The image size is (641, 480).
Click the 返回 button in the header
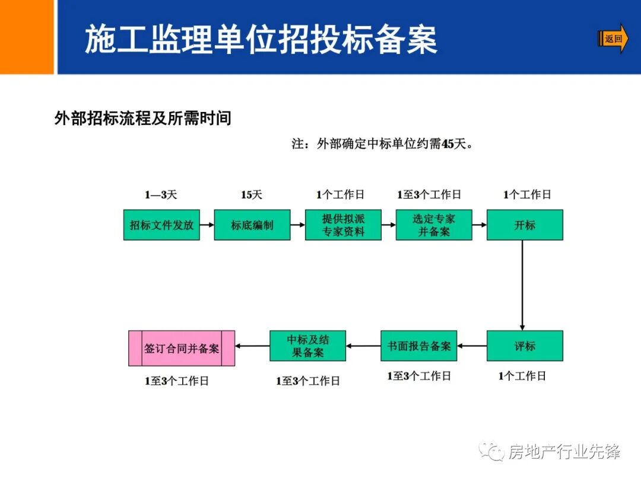(613, 39)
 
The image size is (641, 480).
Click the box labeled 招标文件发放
(161, 225)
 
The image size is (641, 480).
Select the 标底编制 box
(252, 225)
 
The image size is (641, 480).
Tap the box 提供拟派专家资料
(343, 225)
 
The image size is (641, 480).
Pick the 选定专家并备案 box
(434, 225)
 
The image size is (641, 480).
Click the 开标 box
(525, 225)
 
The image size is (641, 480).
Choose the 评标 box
(525, 346)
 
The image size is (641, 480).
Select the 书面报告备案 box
(419, 346)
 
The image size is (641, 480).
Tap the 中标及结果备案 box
(308, 346)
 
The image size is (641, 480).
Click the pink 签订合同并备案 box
(182, 348)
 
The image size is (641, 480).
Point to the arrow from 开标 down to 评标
(522, 284)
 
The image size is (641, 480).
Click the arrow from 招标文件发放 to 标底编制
(207, 225)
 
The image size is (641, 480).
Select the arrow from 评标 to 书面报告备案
(472, 346)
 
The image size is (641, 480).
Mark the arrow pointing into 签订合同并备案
(252, 346)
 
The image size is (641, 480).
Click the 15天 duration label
(251, 194)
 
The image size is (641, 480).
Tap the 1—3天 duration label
(161, 194)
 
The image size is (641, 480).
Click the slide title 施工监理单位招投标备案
(261, 39)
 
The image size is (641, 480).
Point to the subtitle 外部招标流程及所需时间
(142, 119)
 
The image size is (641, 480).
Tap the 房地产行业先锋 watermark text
(564, 452)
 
